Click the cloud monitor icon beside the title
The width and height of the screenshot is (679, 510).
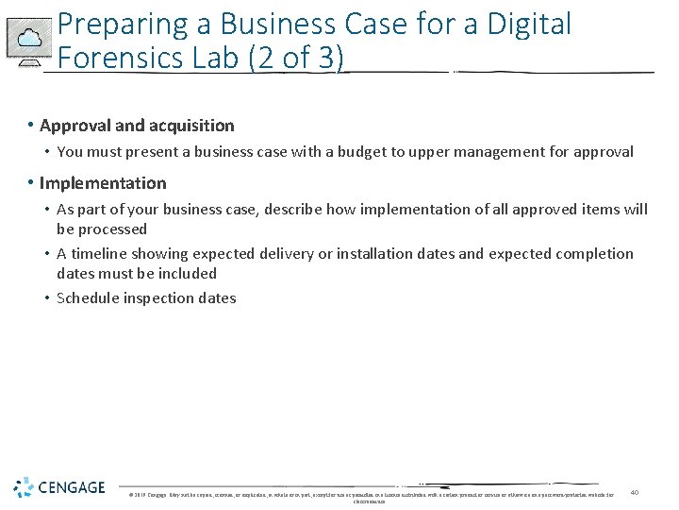(29, 42)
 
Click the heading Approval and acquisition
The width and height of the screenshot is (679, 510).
(137, 126)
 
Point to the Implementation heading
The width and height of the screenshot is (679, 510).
(103, 183)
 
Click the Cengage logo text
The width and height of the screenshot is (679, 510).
(72, 488)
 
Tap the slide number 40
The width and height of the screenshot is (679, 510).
(635, 492)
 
